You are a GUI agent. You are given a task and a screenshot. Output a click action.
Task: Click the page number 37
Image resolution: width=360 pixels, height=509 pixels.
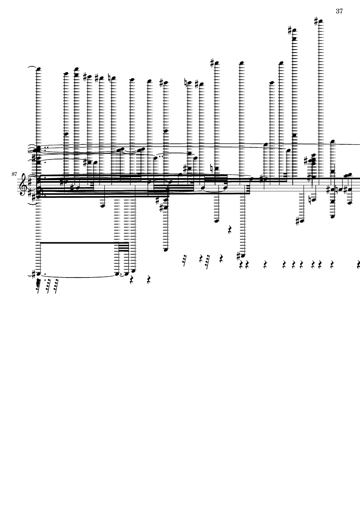point(339,11)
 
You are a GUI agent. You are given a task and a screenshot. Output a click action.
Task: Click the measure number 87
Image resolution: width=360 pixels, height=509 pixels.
point(14,174)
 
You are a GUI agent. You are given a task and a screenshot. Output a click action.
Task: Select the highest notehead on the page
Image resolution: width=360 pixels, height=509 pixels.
point(321,22)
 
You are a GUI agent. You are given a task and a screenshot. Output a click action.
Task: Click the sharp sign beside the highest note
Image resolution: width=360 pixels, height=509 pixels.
point(316,22)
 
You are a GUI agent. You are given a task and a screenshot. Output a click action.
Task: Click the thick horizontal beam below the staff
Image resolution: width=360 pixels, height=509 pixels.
point(85,243)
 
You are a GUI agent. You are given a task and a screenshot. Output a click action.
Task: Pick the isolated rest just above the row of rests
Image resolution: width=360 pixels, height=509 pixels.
point(229,230)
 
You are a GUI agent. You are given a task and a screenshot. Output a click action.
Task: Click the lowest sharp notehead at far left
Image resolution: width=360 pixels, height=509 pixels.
point(38,274)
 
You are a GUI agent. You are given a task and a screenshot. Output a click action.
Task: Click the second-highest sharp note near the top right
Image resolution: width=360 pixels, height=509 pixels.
point(294,31)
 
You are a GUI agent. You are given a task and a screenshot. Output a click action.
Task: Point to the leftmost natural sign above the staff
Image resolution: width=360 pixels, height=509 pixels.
point(110,78)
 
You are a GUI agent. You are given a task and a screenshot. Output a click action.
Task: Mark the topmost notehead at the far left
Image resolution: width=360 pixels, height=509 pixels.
point(38,69)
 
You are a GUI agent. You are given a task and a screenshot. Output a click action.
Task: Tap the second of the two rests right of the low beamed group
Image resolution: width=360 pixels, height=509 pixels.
point(149,279)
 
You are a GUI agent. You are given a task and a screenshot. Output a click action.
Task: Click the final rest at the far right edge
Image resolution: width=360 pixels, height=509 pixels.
point(358,265)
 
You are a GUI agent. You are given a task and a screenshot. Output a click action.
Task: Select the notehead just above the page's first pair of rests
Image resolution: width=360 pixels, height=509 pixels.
point(133,270)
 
